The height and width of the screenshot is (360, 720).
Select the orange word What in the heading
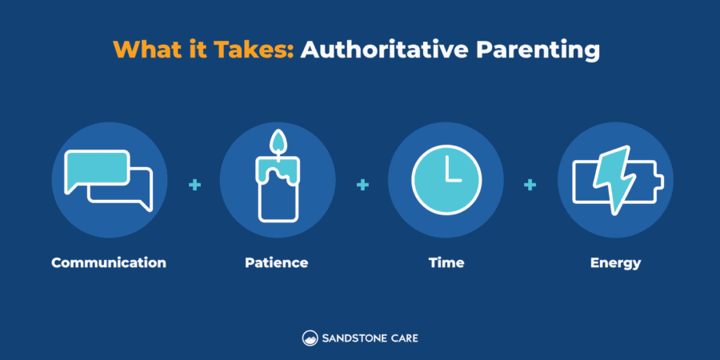[146, 50]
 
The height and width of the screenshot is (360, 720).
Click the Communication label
[109, 262]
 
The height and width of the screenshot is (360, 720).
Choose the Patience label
[277, 262]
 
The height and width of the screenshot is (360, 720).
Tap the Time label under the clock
[446, 262]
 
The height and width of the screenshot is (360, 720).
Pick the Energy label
[615, 262]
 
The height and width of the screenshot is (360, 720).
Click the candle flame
[278, 142]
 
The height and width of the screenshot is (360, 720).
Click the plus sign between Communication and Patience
[194, 185]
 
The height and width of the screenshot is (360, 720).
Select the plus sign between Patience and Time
[362, 185]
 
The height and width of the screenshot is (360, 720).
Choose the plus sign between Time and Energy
[530, 185]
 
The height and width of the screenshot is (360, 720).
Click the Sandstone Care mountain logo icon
[310, 338]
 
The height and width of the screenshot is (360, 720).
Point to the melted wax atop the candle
[277, 169]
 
